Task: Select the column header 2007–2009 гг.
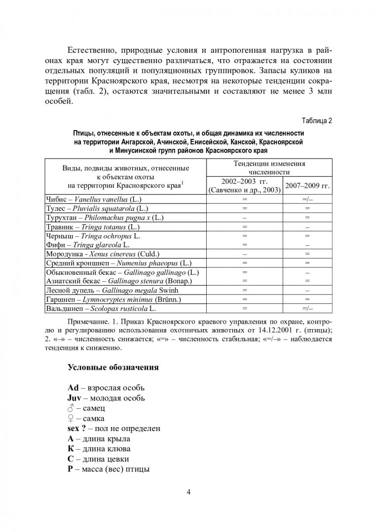(x=307, y=187)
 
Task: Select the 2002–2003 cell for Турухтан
(x=244, y=217)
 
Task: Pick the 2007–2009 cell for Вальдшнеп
(x=307, y=309)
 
